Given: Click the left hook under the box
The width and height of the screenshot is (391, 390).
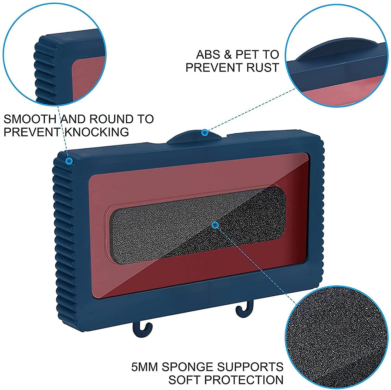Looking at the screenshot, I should [142, 330].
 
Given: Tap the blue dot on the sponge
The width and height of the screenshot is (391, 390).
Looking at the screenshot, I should [215, 225].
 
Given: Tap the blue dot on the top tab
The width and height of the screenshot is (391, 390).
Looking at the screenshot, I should [205, 133].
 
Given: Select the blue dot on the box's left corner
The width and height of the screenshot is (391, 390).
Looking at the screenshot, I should [69, 161].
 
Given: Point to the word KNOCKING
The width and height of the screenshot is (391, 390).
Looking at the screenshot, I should [97, 132].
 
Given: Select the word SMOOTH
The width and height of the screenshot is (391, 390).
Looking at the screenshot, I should [30, 119].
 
